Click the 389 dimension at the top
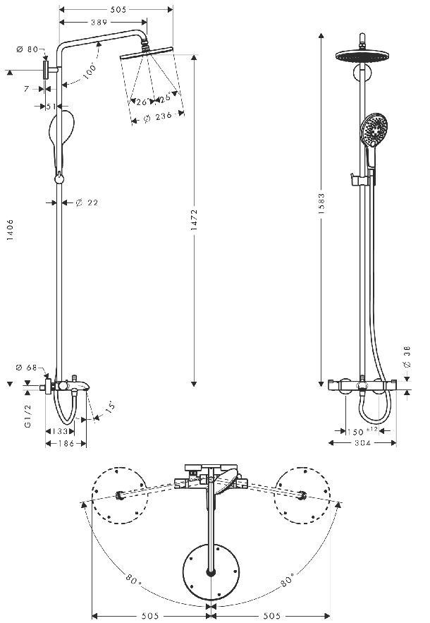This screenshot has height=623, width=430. (99, 23)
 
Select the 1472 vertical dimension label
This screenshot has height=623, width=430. (194, 220)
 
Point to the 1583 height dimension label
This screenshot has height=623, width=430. (321, 204)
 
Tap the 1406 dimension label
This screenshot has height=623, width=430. (10, 229)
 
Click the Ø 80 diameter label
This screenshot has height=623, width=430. (27, 49)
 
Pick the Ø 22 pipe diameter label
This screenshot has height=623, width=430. (87, 203)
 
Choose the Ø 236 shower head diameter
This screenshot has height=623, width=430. (158, 117)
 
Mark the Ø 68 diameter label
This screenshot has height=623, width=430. (26, 368)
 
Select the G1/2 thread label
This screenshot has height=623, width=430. (27, 416)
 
